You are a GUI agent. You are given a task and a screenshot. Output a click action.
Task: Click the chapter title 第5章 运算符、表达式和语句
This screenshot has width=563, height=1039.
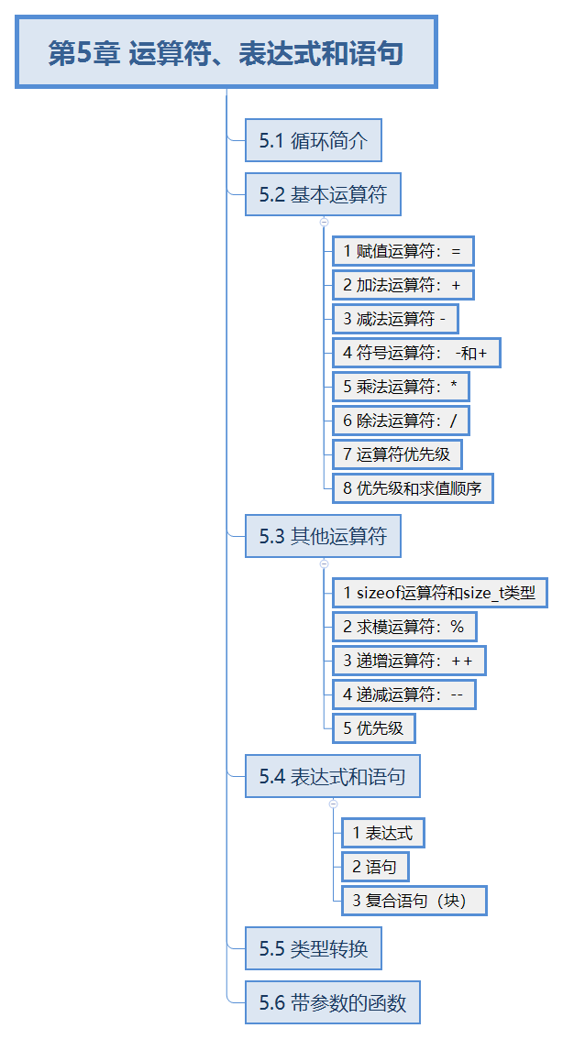coord(226,53)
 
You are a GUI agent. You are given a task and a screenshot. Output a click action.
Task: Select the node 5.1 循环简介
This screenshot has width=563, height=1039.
coord(313,141)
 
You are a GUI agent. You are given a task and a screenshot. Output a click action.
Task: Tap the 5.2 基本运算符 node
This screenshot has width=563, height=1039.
coord(323,194)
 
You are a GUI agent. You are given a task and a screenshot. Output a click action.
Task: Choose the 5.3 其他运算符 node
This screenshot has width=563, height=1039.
coord(323,536)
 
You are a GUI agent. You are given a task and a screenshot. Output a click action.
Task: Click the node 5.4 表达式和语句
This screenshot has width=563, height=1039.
coord(332,777)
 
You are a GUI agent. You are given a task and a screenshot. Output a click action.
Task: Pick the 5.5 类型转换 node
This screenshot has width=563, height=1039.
coord(313,948)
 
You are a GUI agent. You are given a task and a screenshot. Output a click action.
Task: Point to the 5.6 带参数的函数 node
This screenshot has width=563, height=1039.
coord(332,1002)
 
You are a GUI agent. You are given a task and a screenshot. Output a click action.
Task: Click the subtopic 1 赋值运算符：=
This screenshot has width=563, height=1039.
coord(403,251)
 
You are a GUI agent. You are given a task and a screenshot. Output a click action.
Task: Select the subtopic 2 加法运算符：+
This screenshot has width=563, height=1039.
coord(403,285)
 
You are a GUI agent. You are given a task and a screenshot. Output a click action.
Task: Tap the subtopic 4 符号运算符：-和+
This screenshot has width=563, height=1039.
coord(415,353)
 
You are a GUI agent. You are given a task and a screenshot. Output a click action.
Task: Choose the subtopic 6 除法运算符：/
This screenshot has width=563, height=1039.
coord(400,421)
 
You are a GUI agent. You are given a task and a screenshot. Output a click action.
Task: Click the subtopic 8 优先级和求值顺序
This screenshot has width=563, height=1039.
coord(413,488)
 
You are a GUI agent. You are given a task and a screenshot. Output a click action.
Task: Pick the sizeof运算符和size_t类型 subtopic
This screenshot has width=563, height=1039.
coord(439,593)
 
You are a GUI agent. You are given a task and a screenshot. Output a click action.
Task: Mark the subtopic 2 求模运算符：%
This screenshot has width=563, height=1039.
coord(403,627)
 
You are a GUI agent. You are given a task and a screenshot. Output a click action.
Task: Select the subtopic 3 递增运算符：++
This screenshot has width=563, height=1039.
coord(408,661)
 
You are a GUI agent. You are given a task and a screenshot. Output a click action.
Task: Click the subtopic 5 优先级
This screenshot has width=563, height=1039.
coord(373,728)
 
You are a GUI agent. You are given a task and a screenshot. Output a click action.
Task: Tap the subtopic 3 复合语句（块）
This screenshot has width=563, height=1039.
coord(413,901)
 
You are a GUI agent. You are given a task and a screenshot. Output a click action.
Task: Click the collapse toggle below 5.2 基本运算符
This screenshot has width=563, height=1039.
coord(324,222)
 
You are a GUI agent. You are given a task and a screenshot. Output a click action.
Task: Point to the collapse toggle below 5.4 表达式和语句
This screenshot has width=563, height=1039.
coord(333,804)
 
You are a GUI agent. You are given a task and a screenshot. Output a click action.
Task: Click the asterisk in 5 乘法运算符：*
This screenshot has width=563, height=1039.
coord(453,386)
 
